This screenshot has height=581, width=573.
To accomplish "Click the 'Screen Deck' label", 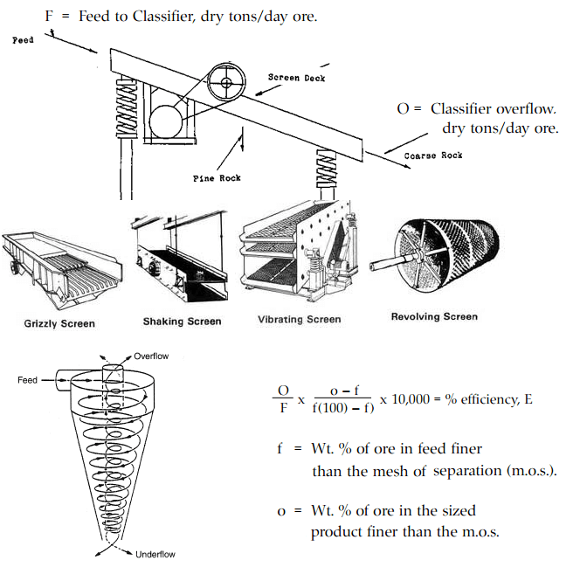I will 296,78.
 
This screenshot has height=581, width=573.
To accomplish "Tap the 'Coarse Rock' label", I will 433,156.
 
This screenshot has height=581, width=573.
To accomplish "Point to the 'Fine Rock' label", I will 216,178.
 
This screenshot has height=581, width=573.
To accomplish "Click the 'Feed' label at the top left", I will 23,40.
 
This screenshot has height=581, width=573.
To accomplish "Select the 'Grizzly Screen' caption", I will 59,323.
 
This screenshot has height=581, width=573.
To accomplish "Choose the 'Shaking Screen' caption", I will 182,322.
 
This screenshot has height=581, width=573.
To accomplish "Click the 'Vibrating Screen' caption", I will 299,319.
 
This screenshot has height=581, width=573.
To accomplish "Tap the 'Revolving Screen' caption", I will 434,316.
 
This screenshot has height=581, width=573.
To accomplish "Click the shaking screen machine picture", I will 182,258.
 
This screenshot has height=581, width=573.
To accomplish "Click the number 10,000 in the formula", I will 408,398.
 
